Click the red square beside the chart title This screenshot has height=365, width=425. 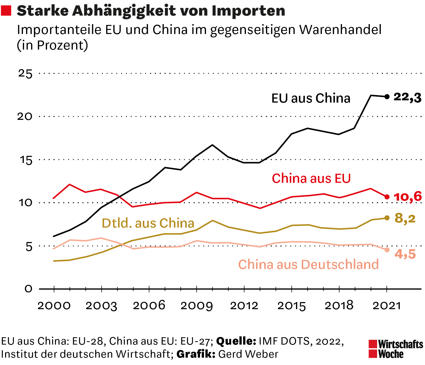(6, 11)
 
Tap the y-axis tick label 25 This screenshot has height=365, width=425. (25, 74)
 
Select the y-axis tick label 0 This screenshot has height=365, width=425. (28, 289)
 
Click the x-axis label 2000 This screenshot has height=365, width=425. (54, 306)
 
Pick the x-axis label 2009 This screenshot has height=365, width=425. (196, 306)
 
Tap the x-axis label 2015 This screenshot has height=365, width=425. (292, 306)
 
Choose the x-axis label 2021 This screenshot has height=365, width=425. (386, 306)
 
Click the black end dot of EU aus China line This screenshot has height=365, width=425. (387, 97)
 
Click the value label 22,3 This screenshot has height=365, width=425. (407, 97)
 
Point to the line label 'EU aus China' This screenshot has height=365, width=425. (311, 98)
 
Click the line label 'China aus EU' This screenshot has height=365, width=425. (311, 179)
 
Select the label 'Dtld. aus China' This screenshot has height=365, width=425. (148, 223)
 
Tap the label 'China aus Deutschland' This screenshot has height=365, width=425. (308, 265)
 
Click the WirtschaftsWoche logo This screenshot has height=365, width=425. (396, 349)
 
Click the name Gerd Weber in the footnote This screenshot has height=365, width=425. (248, 354)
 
